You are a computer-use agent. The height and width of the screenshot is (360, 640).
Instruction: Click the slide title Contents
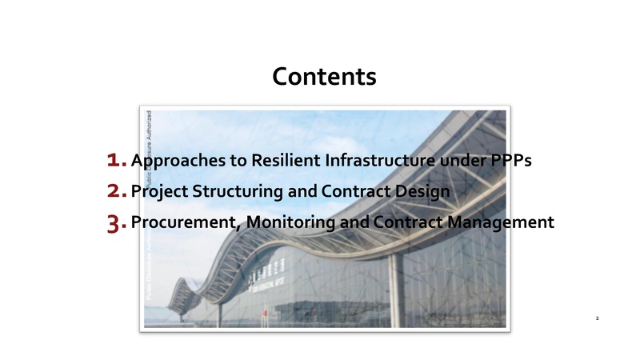click(324, 77)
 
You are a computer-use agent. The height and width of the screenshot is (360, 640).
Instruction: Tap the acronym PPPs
click(510, 161)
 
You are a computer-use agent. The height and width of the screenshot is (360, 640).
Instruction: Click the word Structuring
click(230, 193)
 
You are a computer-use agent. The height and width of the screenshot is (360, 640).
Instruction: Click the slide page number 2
click(597, 318)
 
